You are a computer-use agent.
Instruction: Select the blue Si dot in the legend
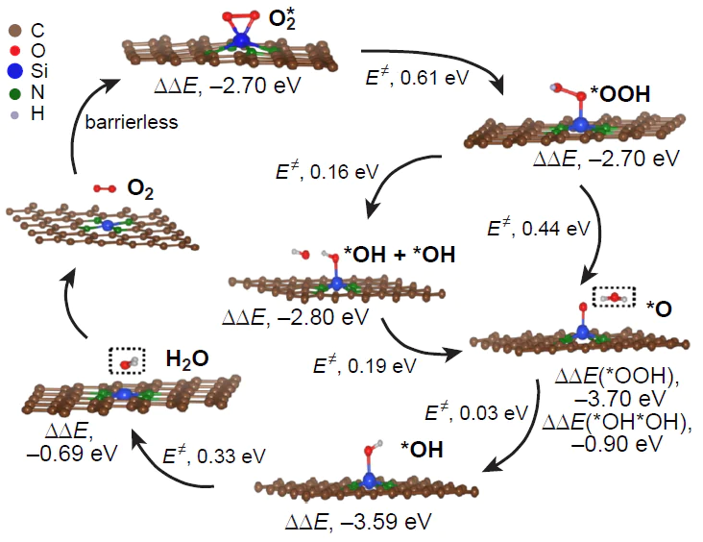[15, 72]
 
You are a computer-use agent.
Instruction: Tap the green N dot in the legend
[15, 94]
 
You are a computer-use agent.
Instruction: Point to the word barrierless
[126, 122]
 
